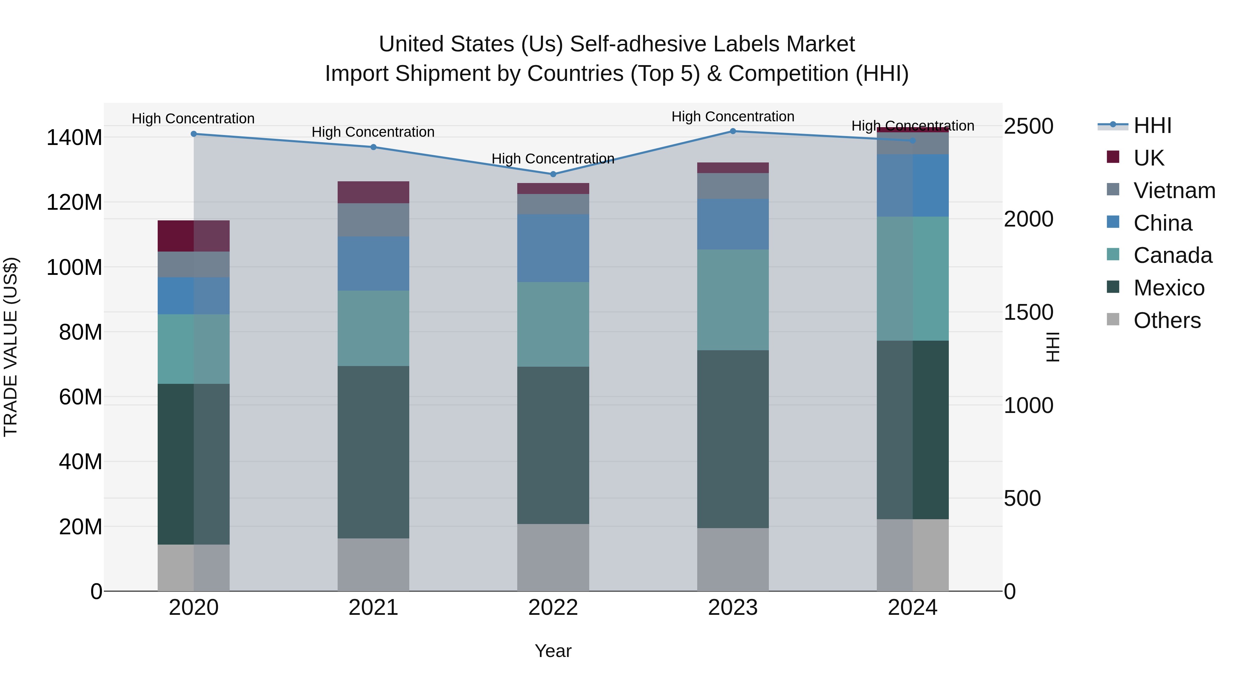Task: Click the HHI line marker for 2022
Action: tap(553, 174)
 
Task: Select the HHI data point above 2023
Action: tap(733, 131)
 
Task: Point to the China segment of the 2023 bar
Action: tap(733, 224)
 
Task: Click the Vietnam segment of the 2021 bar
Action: tap(373, 219)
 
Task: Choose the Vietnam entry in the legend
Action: tap(1174, 191)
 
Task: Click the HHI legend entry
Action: tap(1152, 125)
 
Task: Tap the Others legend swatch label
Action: tap(1166, 320)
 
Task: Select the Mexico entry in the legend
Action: tap(1169, 288)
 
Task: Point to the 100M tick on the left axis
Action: tap(74, 267)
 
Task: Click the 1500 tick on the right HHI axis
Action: tap(1028, 312)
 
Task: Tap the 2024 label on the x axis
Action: tap(912, 608)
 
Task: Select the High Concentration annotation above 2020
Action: tap(193, 119)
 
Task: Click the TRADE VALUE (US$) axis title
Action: tap(11, 347)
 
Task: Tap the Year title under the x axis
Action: tap(553, 651)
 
